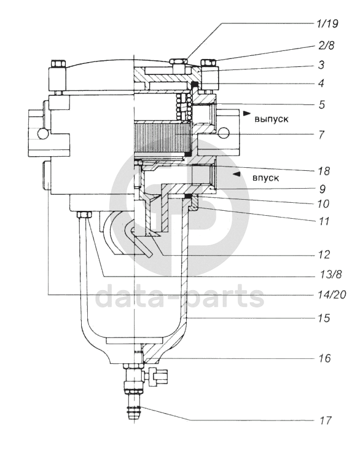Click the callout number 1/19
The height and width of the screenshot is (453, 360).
point(327,24)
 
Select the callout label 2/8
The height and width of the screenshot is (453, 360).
point(326,45)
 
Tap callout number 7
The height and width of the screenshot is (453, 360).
point(321,135)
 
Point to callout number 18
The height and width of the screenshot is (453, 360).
point(324,171)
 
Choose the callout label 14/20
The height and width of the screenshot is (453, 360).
point(331,294)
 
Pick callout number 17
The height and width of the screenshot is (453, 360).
point(325,420)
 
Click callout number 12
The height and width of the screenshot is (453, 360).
point(324,254)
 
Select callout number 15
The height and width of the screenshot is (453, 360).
point(324,318)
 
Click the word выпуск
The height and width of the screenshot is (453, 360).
point(271,119)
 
